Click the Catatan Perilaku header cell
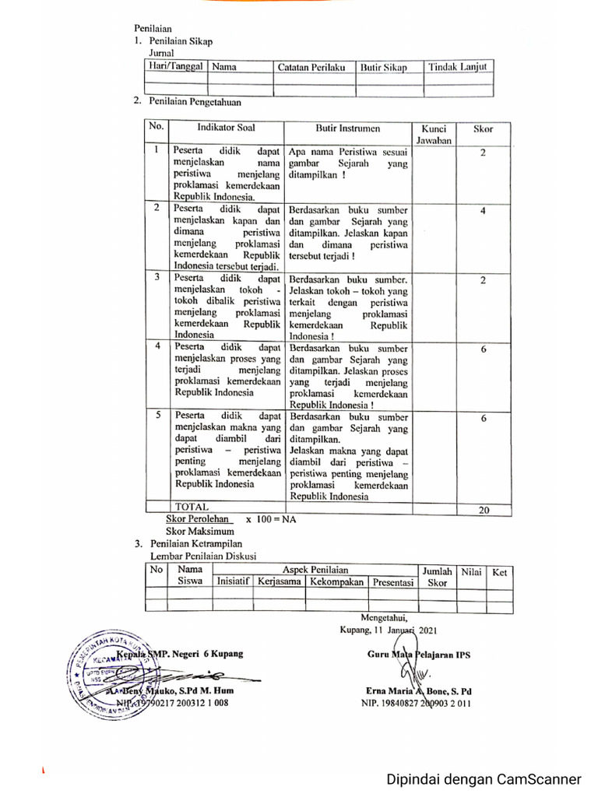[311, 68]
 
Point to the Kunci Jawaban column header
[434, 134]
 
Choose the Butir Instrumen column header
[346, 128]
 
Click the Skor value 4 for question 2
[483, 211]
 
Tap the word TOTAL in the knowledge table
[192, 507]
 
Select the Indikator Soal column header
[226, 128]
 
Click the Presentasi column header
[392, 581]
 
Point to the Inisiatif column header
[234, 581]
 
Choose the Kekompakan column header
[336, 581]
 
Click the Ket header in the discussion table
[500, 572]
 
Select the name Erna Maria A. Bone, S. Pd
[417, 690]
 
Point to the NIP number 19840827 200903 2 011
[415, 703]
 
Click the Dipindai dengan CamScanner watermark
[485, 779]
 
